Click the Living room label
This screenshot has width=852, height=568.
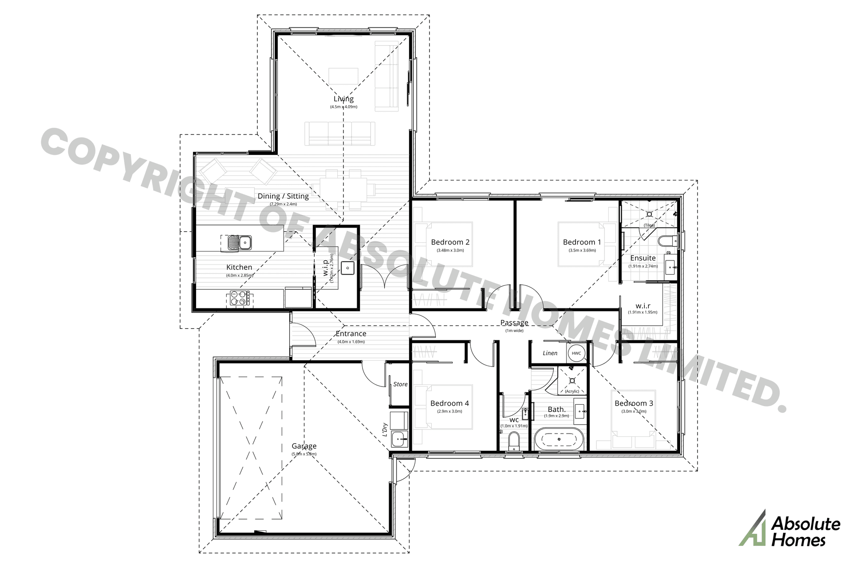(343, 99)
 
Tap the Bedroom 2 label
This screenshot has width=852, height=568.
(450, 242)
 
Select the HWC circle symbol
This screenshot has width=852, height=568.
(576, 353)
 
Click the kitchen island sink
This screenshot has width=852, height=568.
(239, 243)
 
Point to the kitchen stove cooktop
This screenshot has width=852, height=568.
(240, 298)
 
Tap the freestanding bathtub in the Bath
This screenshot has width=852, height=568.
(558, 439)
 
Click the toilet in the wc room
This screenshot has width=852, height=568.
(513, 441)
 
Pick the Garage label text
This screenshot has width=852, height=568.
(304, 446)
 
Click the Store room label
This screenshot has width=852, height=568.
(400, 384)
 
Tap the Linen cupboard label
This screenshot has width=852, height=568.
(550, 353)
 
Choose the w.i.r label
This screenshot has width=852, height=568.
(643, 306)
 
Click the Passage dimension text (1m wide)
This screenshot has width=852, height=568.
(514, 331)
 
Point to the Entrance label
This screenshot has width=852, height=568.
(351, 334)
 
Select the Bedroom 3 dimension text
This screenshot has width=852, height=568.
(634, 411)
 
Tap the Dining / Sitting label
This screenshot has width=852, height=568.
(283, 196)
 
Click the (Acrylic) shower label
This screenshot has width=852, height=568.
(572, 391)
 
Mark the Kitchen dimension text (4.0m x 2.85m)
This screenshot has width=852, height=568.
(239, 275)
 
